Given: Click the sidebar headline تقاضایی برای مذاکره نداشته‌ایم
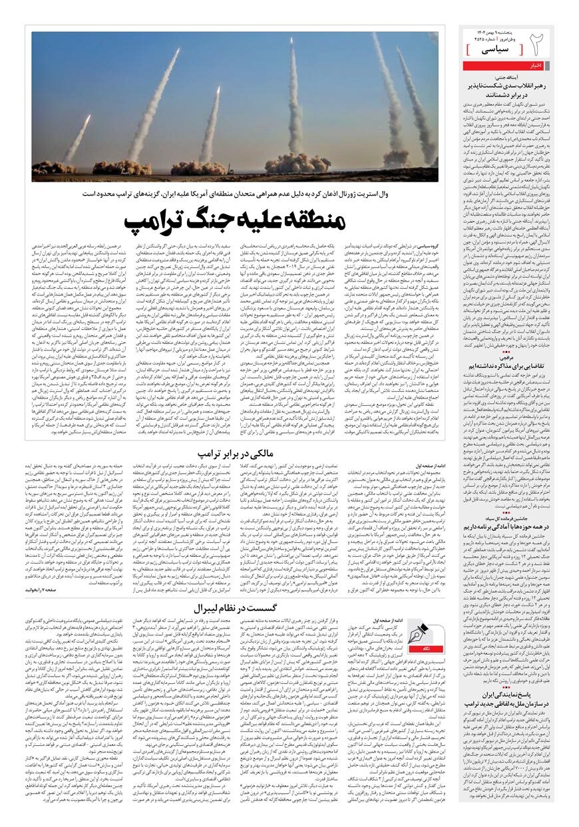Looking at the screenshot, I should pos(509,367).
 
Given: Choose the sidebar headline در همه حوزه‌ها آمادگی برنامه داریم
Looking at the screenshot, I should pos(509,526).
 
